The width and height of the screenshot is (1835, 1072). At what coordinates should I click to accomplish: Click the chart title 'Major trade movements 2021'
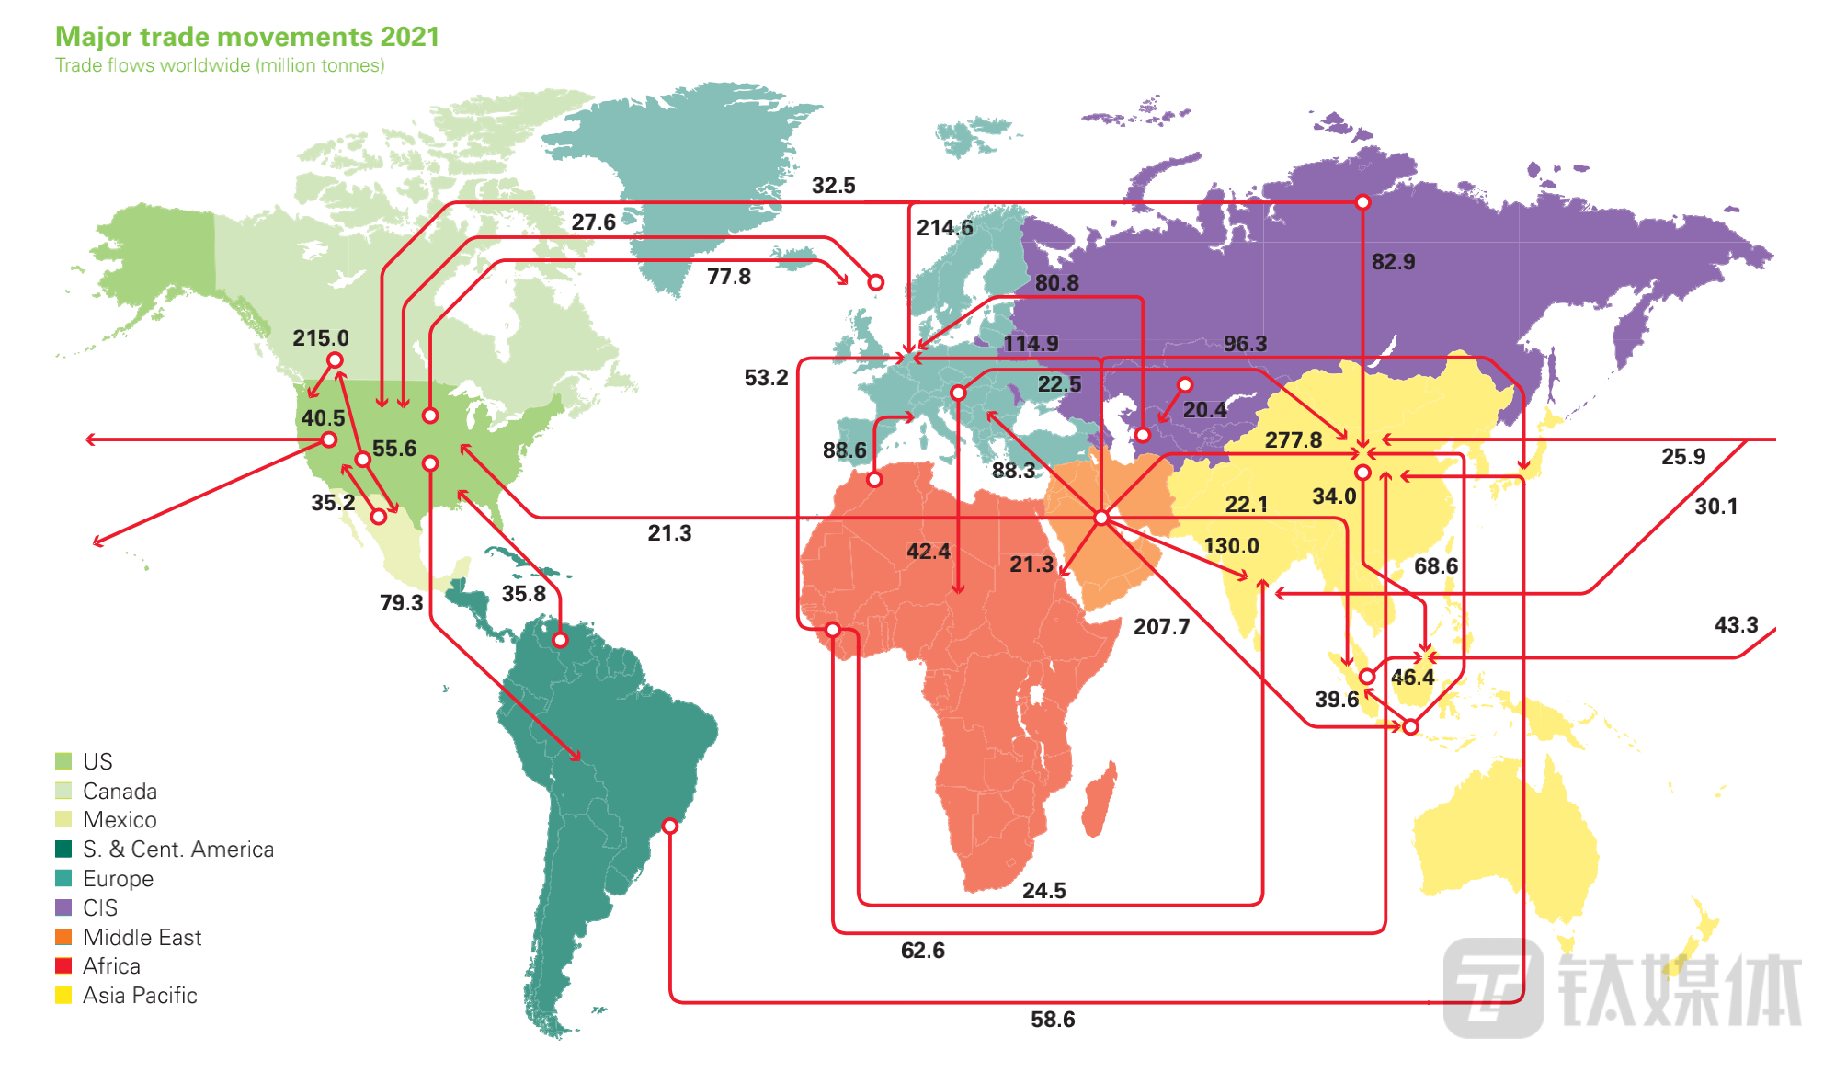[247, 37]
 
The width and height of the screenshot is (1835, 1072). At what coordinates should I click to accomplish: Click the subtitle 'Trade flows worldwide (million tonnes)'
[220, 65]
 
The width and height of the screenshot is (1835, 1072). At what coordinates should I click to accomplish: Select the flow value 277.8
[1293, 440]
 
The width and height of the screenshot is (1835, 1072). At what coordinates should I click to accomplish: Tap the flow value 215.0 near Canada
[321, 338]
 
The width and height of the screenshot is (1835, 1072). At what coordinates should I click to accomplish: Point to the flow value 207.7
[1161, 627]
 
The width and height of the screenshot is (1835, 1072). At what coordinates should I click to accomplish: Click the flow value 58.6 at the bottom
[1053, 1020]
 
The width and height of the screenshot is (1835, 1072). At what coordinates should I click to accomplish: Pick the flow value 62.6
[922, 951]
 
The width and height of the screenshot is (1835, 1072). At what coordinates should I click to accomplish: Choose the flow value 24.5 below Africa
[1043, 891]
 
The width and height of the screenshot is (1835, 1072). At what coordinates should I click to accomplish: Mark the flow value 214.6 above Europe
[944, 228]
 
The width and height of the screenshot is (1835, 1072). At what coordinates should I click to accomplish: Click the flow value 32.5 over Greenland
[833, 186]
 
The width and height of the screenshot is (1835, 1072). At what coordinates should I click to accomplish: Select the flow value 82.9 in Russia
[1393, 262]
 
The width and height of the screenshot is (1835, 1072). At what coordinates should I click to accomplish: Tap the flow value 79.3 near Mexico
[401, 603]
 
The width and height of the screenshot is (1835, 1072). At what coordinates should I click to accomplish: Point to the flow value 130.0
[1231, 546]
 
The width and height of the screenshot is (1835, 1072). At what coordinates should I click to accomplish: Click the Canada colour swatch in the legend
[63, 791]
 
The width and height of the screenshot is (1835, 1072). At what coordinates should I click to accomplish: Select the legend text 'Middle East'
[142, 938]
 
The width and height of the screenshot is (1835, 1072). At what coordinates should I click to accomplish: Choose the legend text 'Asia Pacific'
[140, 996]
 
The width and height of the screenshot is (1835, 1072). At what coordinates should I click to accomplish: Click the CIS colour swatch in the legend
[63, 907]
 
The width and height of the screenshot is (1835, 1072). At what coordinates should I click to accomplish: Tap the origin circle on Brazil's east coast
[670, 827]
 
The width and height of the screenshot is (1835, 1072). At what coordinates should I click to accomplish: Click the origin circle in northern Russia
[1362, 202]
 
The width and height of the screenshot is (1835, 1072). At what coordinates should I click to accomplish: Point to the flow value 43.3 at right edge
[1736, 625]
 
